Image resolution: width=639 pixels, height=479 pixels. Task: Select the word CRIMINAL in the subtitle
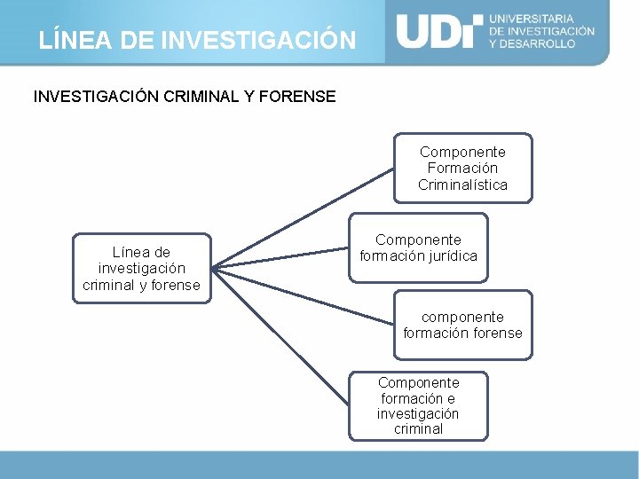[201, 97]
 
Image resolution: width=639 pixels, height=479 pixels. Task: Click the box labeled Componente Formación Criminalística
[462, 168]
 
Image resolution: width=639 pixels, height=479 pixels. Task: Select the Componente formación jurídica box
[418, 247]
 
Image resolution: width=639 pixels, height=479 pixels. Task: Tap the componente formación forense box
[462, 325]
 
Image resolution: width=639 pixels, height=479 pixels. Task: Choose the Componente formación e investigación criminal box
[418, 405]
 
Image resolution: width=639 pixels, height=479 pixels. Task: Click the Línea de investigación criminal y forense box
[141, 268]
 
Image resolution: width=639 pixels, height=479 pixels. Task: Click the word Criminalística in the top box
[462, 185]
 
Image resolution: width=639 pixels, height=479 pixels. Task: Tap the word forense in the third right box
[498, 334]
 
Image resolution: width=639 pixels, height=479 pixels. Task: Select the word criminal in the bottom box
[418, 429]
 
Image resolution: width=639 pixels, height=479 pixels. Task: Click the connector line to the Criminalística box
[302, 216]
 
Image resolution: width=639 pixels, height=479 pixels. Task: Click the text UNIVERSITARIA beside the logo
[532, 19]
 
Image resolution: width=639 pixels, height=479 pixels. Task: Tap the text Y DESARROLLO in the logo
[532, 43]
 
